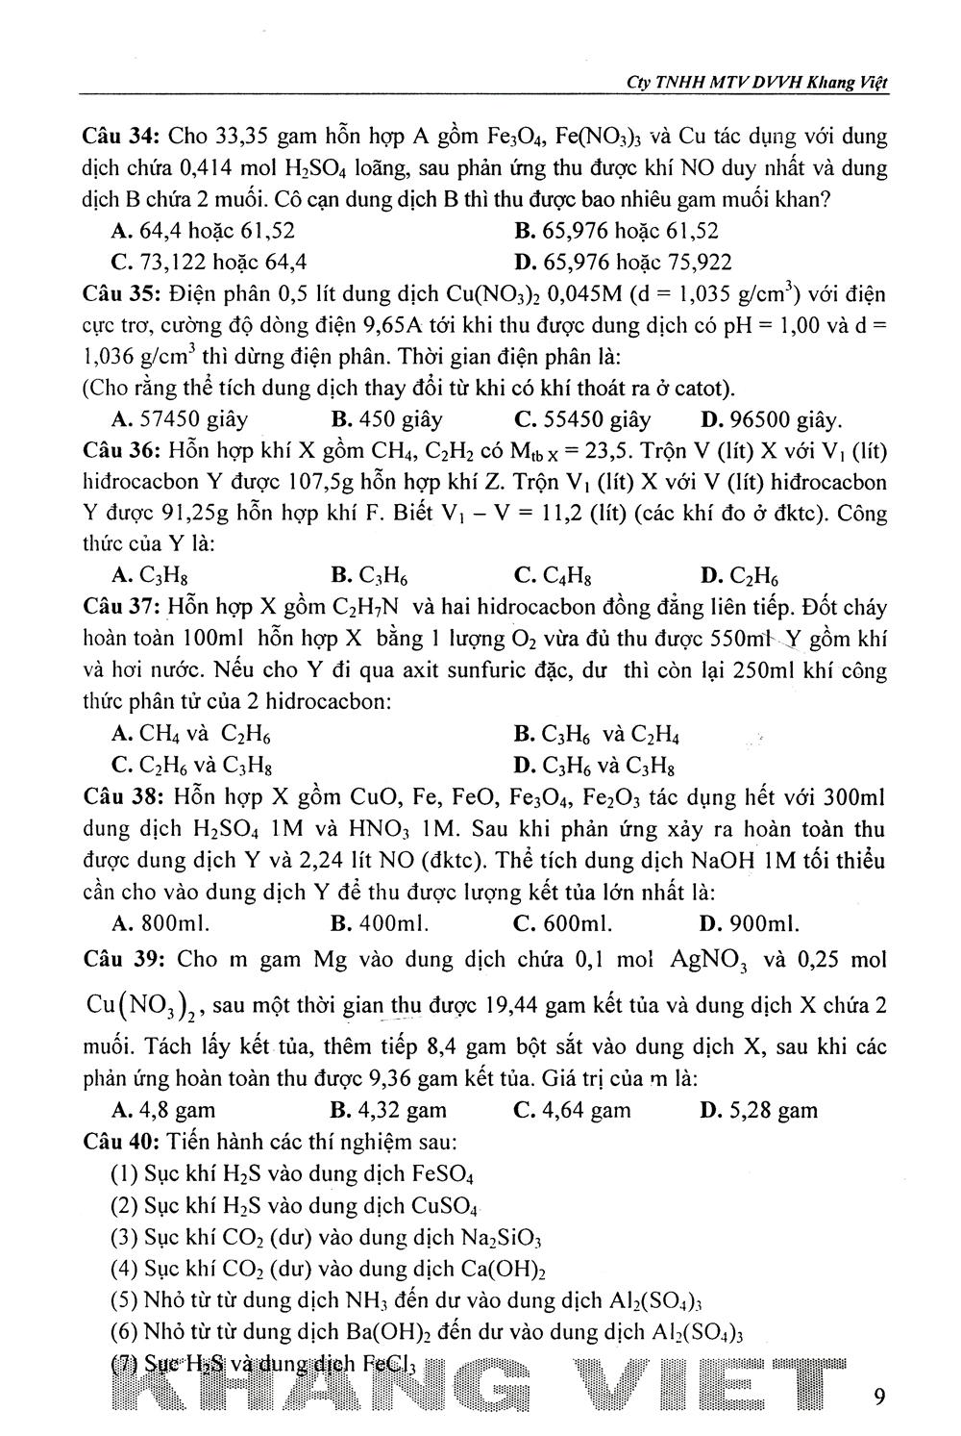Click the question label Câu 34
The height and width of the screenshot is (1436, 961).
[x=120, y=139]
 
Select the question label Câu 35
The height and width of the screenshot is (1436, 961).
[x=120, y=293]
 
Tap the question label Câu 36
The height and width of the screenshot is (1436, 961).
[x=120, y=450]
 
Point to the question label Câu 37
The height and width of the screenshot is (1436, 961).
[x=120, y=608]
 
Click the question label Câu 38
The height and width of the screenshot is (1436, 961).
[x=120, y=797]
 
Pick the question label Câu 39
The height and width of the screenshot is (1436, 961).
[x=120, y=959]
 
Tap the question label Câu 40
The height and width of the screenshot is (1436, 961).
[x=120, y=1143]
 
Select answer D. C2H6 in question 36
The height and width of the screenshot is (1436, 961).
[x=739, y=576]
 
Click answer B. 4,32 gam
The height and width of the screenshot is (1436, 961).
[x=388, y=1110]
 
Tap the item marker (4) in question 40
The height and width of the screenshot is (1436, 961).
[x=126, y=1269]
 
